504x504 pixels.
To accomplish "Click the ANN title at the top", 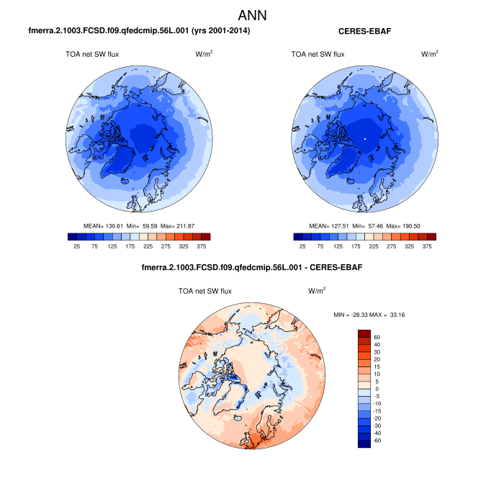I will (252, 15).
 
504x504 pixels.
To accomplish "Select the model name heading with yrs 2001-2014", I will (139, 31).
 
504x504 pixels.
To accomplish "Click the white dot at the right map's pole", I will (365, 138).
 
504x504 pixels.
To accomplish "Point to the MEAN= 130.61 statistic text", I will (104, 225).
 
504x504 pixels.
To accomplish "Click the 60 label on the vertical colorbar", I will (377, 336).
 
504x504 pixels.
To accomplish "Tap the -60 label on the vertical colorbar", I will (378, 438).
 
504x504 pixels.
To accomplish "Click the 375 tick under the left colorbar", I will (197, 246).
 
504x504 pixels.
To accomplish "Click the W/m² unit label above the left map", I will (203, 54).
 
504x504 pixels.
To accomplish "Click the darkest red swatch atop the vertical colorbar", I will (364, 333).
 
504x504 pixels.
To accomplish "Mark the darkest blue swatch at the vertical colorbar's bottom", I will (364, 443).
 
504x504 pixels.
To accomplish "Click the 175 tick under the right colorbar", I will (359, 246).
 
